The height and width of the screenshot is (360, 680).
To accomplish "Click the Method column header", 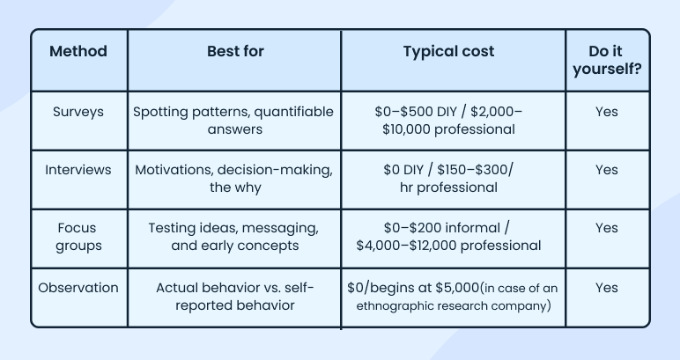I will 78,51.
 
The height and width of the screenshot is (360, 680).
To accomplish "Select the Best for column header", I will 234,51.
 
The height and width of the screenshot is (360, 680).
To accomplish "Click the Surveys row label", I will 78,112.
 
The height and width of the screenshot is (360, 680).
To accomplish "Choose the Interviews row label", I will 78,170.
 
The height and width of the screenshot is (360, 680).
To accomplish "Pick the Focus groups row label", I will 78,237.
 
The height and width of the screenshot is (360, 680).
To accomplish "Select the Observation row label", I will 78,287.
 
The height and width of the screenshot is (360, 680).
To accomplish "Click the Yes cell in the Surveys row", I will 607,112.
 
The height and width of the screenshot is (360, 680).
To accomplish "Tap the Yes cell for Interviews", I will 607,170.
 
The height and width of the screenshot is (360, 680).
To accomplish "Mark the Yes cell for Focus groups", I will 607,228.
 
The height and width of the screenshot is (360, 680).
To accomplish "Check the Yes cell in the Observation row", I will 607,287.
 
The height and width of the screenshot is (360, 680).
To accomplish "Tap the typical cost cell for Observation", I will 453,296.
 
